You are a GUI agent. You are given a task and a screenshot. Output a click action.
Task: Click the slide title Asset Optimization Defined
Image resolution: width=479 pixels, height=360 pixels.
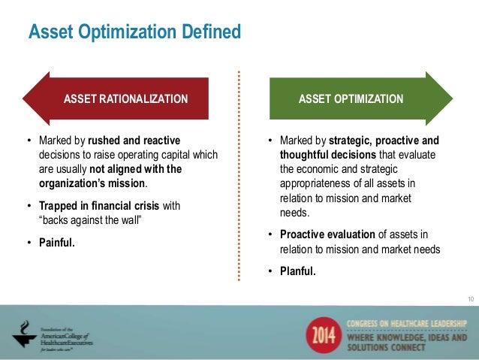pyautogui.click(x=134, y=33)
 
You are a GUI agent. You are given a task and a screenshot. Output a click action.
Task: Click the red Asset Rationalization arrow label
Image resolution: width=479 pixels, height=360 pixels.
pyautogui.click(x=125, y=99)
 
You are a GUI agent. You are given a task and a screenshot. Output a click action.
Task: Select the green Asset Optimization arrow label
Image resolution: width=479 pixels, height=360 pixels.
pyautogui.click(x=352, y=99)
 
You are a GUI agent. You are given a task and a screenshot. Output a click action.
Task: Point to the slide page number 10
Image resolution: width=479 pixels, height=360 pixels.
pyautogui.click(x=470, y=300)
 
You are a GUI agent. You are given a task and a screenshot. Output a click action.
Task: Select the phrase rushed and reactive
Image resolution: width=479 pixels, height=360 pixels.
pyautogui.click(x=133, y=141)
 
